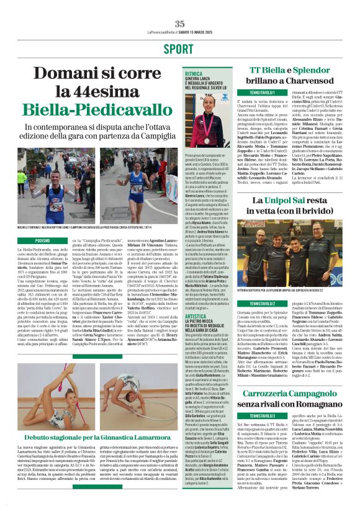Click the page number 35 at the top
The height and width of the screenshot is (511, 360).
click(x=180, y=24)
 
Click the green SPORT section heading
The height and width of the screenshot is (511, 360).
click(x=179, y=48)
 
